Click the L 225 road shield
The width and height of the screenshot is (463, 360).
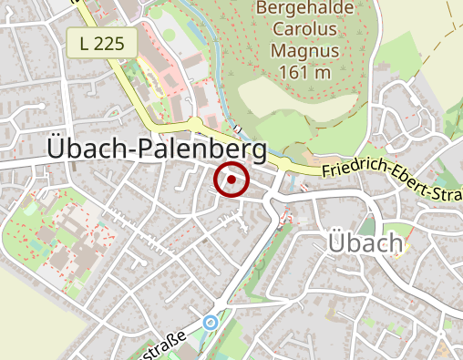point(101,42)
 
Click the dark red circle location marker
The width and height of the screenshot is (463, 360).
point(232,180)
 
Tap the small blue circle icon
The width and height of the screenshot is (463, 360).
point(211,322)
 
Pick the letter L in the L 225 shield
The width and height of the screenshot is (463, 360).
point(85,42)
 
